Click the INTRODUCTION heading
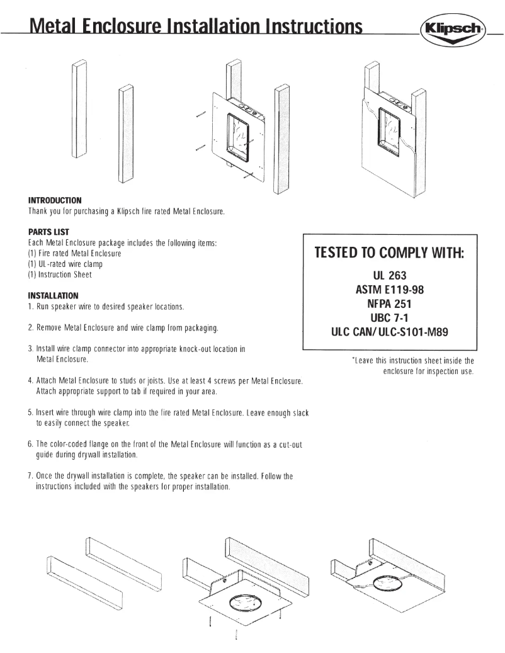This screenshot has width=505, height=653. pyautogui.click(x=55, y=200)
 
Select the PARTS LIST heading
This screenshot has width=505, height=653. pyautogui.click(x=48, y=232)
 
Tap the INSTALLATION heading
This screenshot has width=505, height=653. pyautogui.click(x=54, y=295)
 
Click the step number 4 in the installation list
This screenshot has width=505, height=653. pyautogui.click(x=30, y=382)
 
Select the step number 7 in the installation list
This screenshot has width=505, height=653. pyautogui.click(x=30, y=476)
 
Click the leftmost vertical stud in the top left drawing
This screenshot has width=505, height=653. pyautogui.click(x=78, y=110)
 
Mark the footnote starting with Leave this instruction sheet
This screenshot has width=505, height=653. pyautogui.click(x=413, y=366)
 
